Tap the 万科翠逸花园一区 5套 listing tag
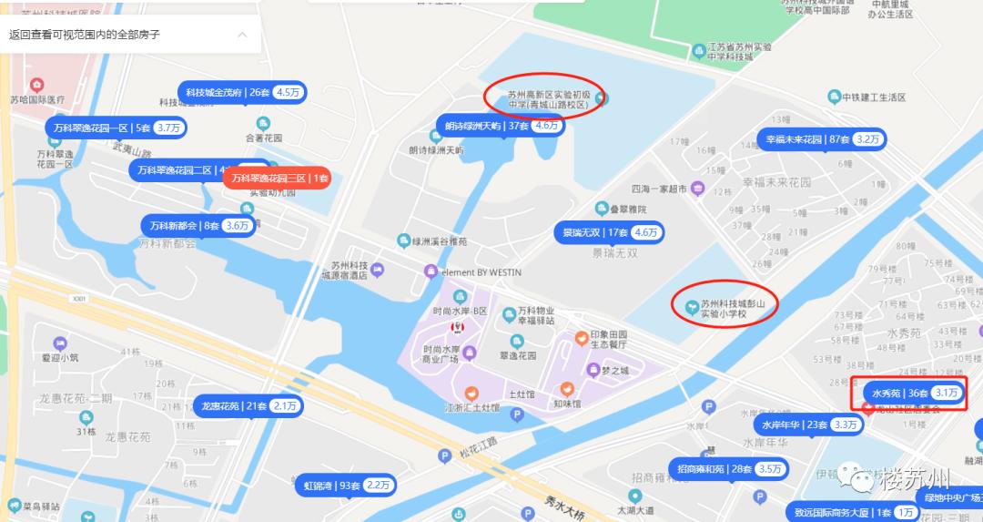[x=116, y=128]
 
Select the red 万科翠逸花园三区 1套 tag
[x=279, y=179]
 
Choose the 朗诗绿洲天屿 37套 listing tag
[x=500, y=126]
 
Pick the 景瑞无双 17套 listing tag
[x=607, y=232]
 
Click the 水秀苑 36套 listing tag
[x=914, y=394]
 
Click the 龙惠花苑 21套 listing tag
[x=247, y=405]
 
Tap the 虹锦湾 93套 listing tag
[x=345, y=486]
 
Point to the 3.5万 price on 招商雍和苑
[x=769, y=469]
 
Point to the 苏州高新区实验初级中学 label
[x=549, y=99]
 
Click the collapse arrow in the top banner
[x=242, y=35]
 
